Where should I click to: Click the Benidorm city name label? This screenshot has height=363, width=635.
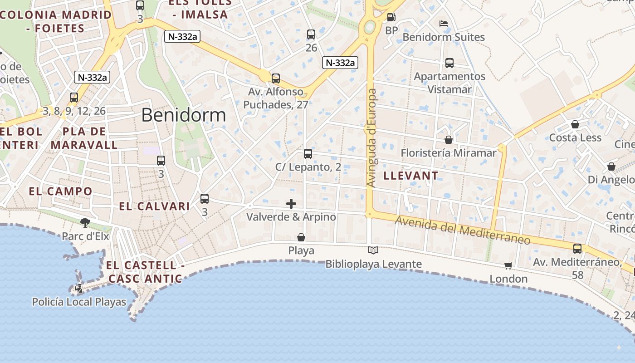tap(183, 115)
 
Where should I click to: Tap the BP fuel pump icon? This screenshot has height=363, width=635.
tap(391, 18)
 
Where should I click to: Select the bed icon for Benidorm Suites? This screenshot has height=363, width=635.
tap(444, 24)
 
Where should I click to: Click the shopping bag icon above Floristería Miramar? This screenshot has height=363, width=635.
tap(449, 140)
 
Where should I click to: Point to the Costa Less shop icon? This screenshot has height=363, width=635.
tap(575, 124)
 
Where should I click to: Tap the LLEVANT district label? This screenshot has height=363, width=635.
tap(411, 176)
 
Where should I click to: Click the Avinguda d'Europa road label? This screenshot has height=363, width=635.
tap(371, 138)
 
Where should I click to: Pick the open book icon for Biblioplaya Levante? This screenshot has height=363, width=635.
tap(373, 250)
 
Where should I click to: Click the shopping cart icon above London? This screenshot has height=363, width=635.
tap(508, 265)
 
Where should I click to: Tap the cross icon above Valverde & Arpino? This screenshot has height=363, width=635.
tap(291, 204)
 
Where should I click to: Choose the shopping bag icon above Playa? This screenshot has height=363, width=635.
tap(301, 237)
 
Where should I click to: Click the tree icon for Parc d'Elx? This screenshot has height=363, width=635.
tap(85, 222)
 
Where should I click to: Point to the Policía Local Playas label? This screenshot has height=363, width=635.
tap(79, 302)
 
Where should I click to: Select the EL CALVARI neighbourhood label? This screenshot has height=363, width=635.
tap(154, 206)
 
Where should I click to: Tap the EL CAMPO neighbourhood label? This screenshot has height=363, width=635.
tap(60, 191)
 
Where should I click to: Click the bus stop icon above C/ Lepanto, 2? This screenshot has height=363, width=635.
tap(308, 154)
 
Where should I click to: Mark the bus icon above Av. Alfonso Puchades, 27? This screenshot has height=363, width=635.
tap(276, 78)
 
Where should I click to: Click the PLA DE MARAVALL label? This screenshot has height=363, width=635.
tap(84, 138)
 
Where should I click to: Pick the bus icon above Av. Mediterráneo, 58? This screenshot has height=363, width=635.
tap(577, 249)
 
